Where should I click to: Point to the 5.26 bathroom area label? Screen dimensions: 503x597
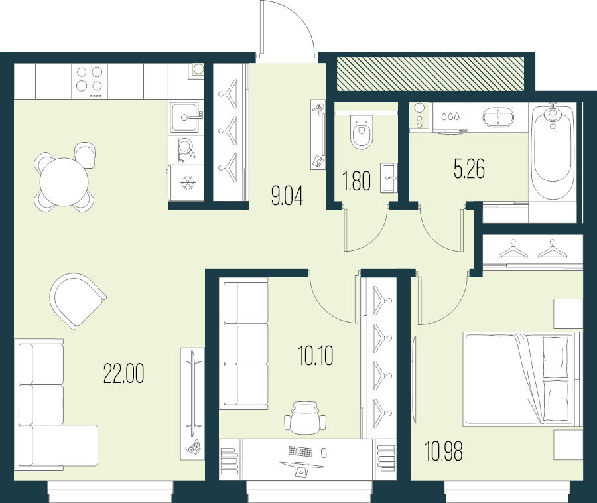coord(469,169)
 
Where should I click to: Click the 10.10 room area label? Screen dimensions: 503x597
coord(316,356)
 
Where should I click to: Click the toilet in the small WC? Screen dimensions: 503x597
coord(362,133)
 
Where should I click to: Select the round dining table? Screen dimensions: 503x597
coord(64,182)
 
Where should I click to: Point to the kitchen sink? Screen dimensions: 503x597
coord(186,117)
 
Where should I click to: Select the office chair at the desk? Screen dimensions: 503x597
coord(306,417)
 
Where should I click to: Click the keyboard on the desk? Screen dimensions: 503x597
coord(300,451)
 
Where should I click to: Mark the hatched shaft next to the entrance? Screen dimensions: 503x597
coord(431,74)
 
